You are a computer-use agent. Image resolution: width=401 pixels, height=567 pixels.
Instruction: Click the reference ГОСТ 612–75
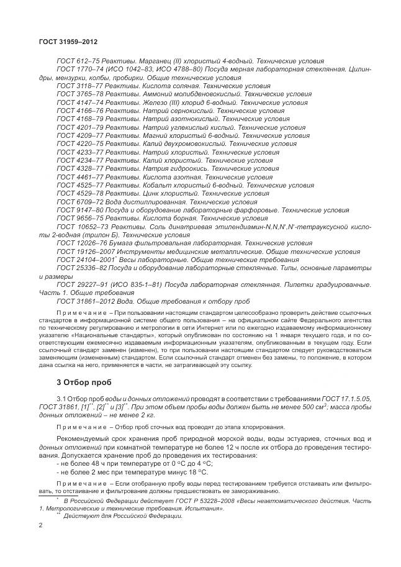coord(74,62)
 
